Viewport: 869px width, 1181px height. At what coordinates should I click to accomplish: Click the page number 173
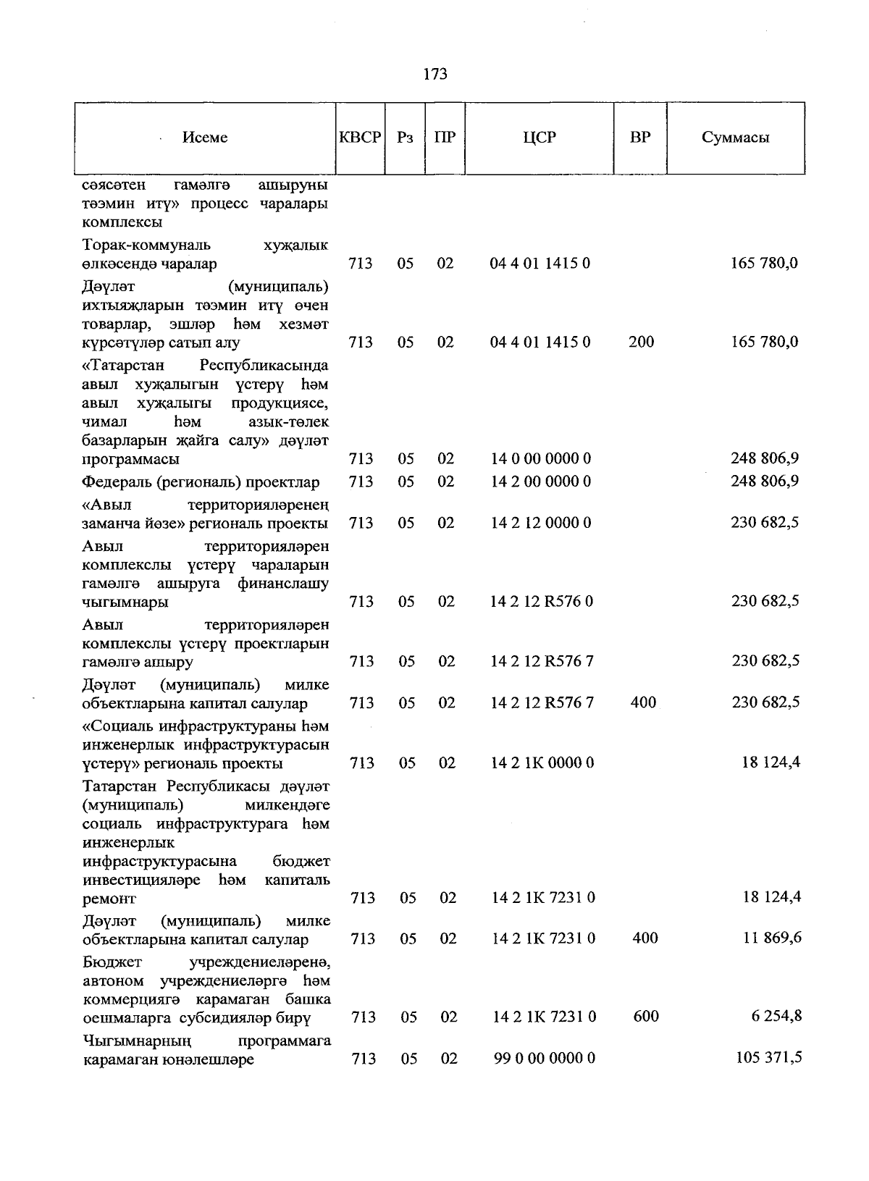pyautogui.click(x=434, y=74)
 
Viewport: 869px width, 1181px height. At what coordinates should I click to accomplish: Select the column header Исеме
pyautogui.click(x=205, y=138)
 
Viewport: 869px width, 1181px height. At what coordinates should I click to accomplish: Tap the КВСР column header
pyautogui.click(x=360, y=138)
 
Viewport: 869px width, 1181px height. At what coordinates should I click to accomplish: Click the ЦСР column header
pyautogui.click(x=540, y=138)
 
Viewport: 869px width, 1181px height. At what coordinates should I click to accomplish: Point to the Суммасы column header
pyautogui.click(x=735, y=138)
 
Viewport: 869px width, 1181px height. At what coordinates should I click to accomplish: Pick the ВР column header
pyautogui.click(x=640, y=138)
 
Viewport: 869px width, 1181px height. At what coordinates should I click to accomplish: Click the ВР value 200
pyautogui.click(x=642, y=342)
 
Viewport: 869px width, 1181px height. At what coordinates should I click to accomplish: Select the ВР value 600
pyautogui.click(x=646, y=1017)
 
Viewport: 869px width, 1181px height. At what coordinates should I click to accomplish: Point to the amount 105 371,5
pyautogui.click(x=769, y=1058)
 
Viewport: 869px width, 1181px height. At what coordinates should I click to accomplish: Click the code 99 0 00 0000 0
pyautogui.click(x=545, y=1059)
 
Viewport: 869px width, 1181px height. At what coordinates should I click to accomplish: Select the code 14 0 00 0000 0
pyautogui.click(x=541, y=459)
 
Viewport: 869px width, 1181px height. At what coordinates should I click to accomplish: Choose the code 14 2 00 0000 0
pyautogui.click(x=541, y=482)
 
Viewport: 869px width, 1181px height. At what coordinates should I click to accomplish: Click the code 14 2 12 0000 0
pyautogui.click(x=541, y=523)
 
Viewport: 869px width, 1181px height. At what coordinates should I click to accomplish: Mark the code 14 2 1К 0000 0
pyautogui.click(x=542, y=762)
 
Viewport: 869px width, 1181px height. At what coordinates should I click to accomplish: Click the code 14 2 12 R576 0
pyautogui.click(x=542, y=602)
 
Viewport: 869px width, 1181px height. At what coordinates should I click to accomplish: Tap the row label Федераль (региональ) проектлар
pyautogui.click(x=201, y=482)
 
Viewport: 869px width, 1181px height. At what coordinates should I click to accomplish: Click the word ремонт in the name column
pyautogui.click(x=109, y=899)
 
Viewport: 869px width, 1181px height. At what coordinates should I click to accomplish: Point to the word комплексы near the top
pyautogui.click(x=122, y=222)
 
